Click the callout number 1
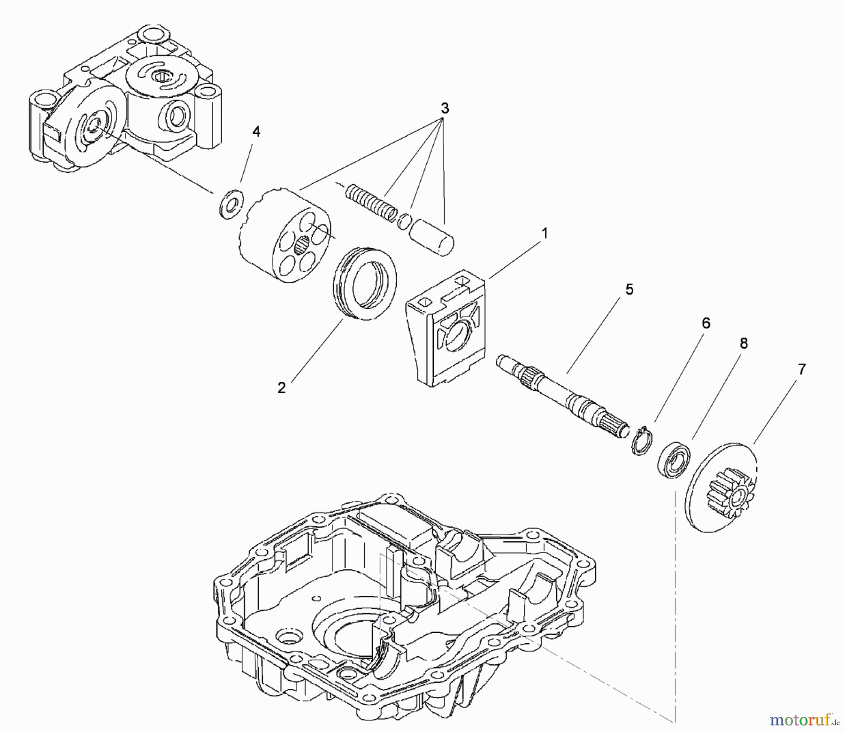[545, 233]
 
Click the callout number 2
[281, 388]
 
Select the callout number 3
[445, 109]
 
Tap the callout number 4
[256, 132]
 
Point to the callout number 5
[629, 290]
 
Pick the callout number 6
[706, 323]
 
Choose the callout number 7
[801, 370]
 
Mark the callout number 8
[743, 344]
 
